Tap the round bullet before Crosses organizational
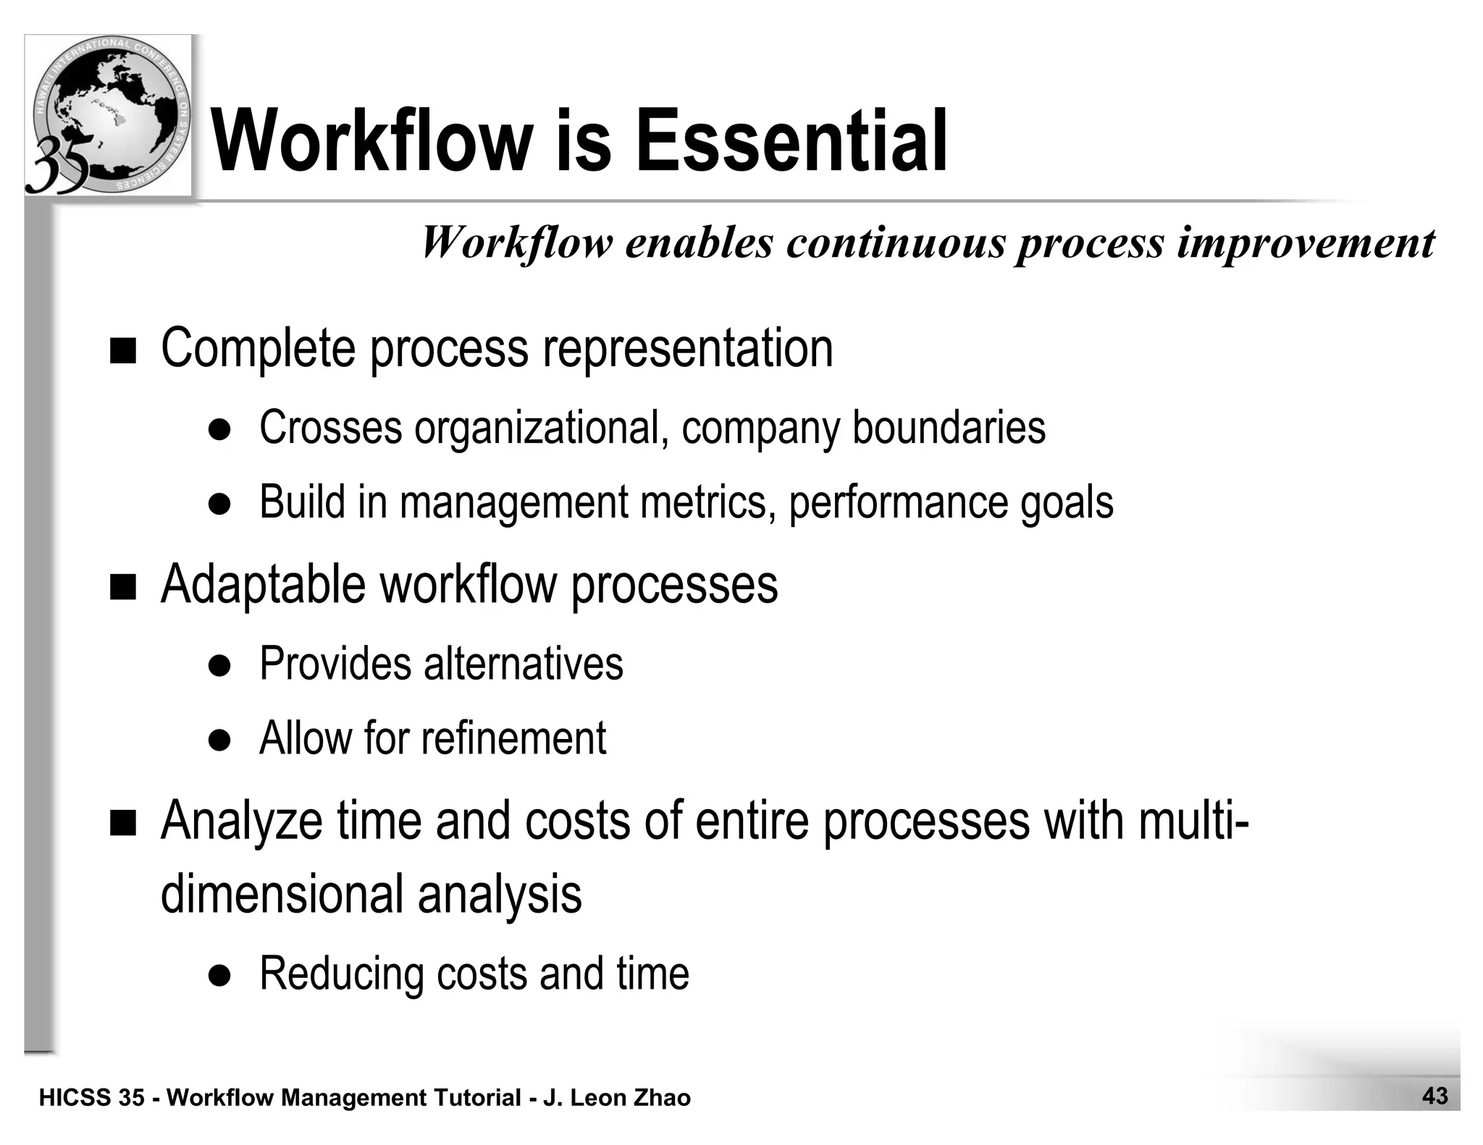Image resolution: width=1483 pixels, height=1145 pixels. coord(219,430)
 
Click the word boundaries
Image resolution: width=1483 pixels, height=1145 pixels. coord(949,427)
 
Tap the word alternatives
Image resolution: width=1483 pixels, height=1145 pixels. coord(523,663)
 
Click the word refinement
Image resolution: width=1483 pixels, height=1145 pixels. coord(513,738)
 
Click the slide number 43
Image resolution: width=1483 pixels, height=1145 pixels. coord(1434,1096)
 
